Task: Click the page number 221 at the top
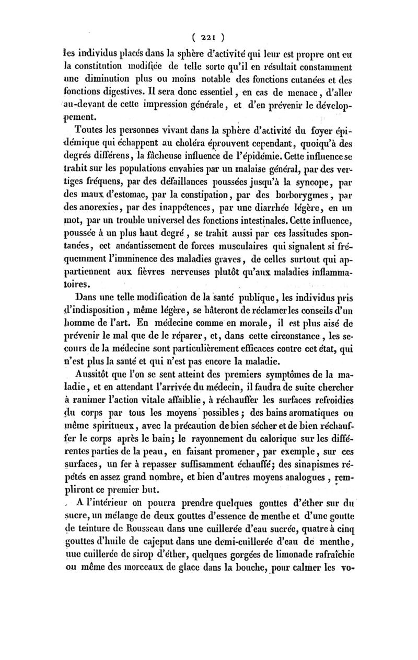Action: (x=208, y=37)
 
